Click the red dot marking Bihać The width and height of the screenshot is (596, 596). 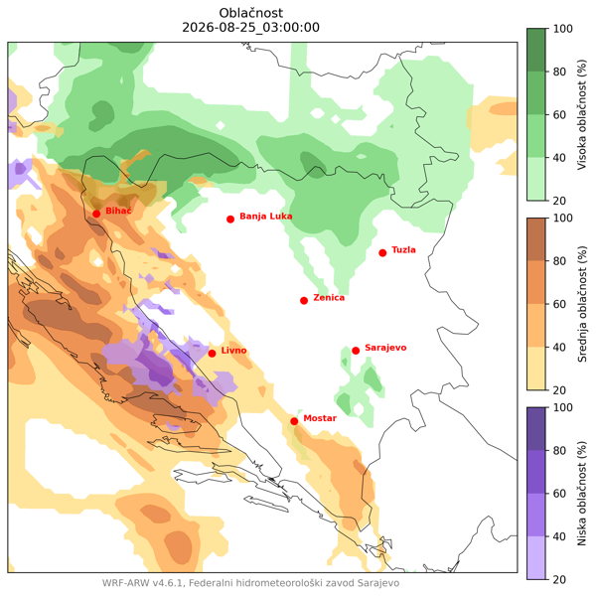tap(96, 214)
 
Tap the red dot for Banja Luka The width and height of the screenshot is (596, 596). tap(230, 220)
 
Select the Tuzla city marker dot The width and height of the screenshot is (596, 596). tap(382, 253)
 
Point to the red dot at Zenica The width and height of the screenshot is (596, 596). tap(304, 301)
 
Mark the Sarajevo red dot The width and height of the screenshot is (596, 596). tap(356, 351)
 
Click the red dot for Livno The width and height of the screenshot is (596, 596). tap(213, 354)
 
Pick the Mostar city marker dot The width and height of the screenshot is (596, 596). tap(294, 421)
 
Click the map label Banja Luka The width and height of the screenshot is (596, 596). tap(266, 217)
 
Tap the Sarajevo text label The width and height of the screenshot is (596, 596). tap(385, 349)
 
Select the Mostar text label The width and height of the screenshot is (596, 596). tap(320, 418)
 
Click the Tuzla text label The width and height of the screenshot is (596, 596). tap(403, 250)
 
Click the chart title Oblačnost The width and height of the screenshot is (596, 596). tap(251, 13)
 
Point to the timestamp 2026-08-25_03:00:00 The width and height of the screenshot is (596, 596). tap(251, 28)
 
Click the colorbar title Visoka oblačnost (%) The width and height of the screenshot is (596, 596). tap(582, 114)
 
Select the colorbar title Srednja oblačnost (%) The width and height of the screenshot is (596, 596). tap(582, 304)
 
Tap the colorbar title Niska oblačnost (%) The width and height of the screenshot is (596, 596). tap(582, 494)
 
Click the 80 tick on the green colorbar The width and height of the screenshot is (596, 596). tap(559, 72)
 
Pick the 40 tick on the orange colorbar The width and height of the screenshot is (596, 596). tap(559, 348)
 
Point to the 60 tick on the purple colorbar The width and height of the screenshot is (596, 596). tap(559, 494)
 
